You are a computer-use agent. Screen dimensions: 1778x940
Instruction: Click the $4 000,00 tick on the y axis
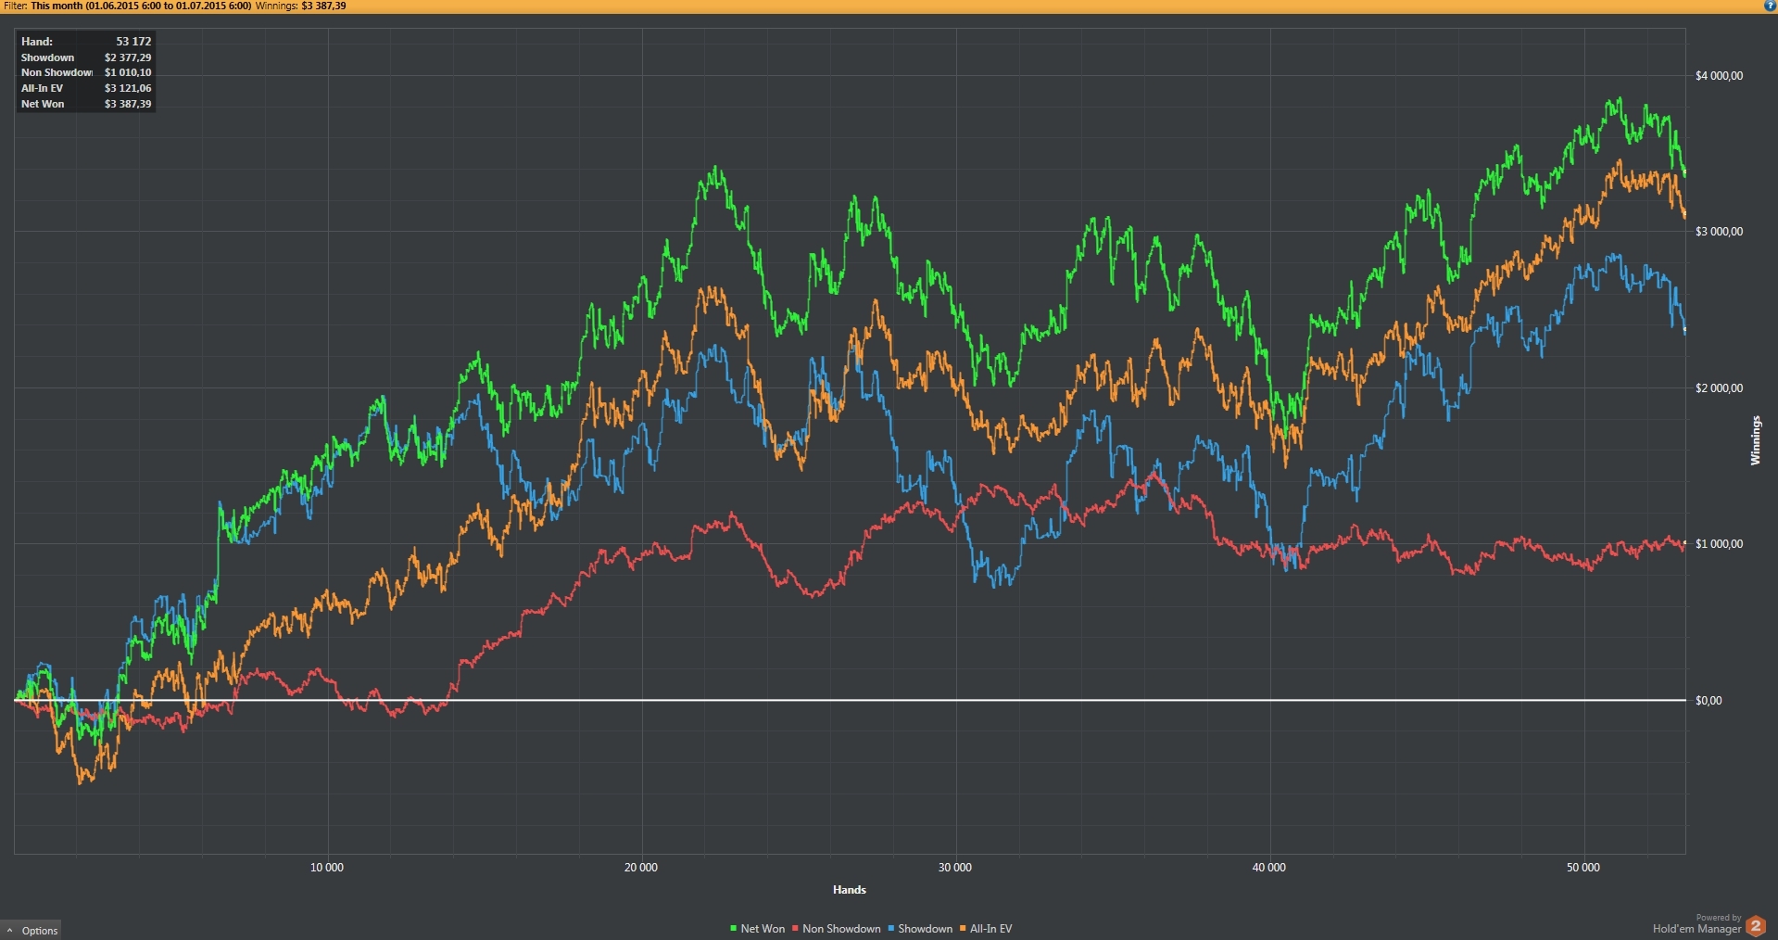pyautogui.click(x=1719, y=76)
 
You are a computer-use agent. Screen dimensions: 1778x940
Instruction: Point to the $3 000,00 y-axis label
pyautogui.click(x=1719, y=232)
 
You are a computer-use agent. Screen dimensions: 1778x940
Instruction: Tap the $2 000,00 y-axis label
pyautogui.click(x=1719, y=388)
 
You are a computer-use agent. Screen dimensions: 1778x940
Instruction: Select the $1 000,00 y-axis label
pyautogui.click(x=1719, y=544)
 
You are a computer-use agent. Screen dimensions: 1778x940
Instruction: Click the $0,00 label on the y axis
pyautogui.click(x=1709, y=701)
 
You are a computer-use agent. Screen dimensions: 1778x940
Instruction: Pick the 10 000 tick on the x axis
pyautogui.click(x=326, y=868)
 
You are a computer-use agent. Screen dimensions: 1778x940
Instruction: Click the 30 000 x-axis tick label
pyautogui.click(x=955, y=868)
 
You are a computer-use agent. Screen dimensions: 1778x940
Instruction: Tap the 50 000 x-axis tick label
pyautogui.click(x=1583, y=868)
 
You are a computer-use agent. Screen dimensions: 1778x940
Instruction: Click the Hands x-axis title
pyautogui.click(x=850, y=890)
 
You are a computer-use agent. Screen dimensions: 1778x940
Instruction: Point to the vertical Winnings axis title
pyautogui.click(x=1755, y=440)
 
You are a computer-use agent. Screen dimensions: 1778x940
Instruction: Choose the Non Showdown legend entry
pyautogui.click(x=837, y=929)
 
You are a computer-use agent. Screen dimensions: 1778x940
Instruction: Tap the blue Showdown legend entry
pyautogui.click(x=920, y=929)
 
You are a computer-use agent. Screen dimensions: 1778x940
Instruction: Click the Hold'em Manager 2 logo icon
pyautogui.click(x=1755, y=925)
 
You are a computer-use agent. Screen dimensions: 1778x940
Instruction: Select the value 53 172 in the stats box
pyautogui.click(x=133, y=42)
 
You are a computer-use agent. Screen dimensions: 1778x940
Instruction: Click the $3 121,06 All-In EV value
pyautogui.click(x=128, y=88)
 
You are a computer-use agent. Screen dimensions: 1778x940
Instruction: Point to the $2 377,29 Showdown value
pyautogui.click(x=128, y=57)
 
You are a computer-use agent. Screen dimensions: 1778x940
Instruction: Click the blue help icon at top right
pyautogui.click(x=1770, y=6)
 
